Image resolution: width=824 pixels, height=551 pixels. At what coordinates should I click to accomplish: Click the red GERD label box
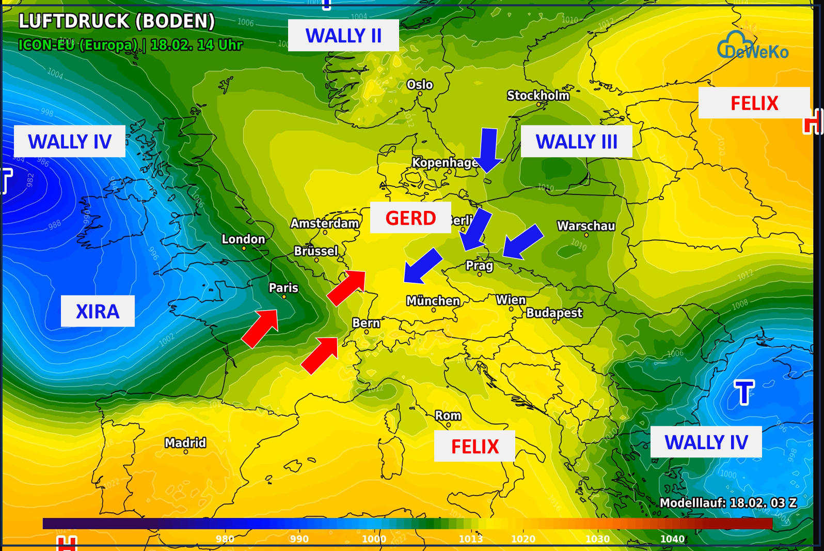410,218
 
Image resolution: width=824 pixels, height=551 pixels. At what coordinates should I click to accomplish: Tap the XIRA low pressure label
98,312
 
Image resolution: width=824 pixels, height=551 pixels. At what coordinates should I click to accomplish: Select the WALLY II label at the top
343,36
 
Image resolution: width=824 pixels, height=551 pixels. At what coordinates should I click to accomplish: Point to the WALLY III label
576,142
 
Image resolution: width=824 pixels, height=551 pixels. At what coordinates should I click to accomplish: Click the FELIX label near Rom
474,446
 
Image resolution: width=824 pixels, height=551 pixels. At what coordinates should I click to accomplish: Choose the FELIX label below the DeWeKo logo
754,103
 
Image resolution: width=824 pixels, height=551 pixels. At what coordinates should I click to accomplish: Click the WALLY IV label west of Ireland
70,142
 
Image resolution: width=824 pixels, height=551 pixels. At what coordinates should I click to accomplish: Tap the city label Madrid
185,443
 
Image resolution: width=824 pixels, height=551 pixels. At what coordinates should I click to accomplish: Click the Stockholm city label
538,96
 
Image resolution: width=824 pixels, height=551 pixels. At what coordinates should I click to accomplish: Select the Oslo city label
420,85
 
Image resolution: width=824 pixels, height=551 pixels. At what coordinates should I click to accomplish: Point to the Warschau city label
586,226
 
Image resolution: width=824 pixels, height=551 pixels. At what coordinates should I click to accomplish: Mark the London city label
243,239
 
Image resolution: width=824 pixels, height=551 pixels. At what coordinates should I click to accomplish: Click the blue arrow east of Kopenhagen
488,150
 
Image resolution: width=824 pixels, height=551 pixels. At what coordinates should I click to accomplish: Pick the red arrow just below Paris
261,328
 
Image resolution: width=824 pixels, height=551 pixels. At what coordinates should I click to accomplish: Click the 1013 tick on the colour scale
471,539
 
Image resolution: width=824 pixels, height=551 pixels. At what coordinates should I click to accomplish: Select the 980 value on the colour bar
225,539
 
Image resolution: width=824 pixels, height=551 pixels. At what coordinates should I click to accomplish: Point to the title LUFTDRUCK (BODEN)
117,21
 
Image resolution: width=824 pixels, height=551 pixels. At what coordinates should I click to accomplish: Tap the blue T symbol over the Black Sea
744,392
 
